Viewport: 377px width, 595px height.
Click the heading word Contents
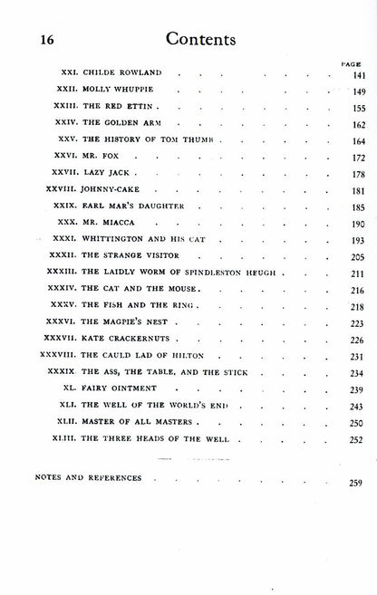click(196, 39)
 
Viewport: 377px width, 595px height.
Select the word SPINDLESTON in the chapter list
click(208, 273)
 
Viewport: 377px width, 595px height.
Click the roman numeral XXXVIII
click(55, 355)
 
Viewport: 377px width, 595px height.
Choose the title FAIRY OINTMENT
click(117, 389)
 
